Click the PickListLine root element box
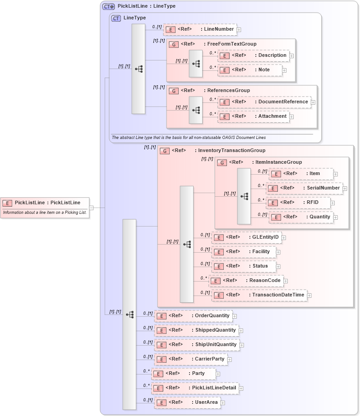click(x=45, y=203)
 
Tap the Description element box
click(x=254, y=55)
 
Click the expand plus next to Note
click(x=285, y=70)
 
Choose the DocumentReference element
click(x=264, y=102)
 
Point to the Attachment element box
click(x=254, y=116)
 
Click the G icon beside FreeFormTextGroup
click(x=173, y=44)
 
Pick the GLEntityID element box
click(x=246, y=237)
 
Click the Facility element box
click(x=244, y=252)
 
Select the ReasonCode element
click(x=246, y=281)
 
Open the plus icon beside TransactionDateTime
click(x=309, y=296)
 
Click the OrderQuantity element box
click(x=194, y=316)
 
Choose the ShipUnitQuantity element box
click(x=197, y=345)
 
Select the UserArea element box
click(x=188, y=402)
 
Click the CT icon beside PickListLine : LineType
click(x=108, y=6)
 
